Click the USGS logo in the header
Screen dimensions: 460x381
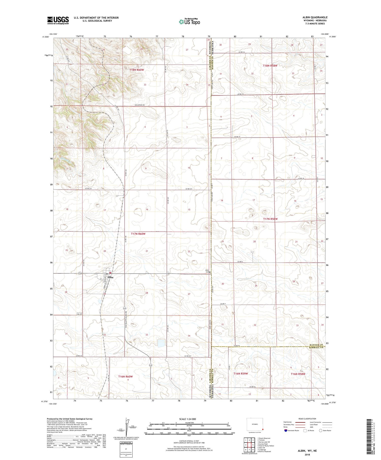coord(58,20)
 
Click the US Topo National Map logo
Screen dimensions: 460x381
coord(189,22)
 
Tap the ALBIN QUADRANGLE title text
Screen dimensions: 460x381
coord(315,17)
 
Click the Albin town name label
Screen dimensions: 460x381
coord(110,277)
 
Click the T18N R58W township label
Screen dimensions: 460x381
coord(270,65)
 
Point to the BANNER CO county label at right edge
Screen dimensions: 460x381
coord(316,345)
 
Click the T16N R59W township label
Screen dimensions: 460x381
coord(240,373)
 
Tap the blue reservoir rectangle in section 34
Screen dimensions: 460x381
coord(161,343)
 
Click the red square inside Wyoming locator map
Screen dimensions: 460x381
coord(263,430)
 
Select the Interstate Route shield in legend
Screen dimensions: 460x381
coord(285,431)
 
